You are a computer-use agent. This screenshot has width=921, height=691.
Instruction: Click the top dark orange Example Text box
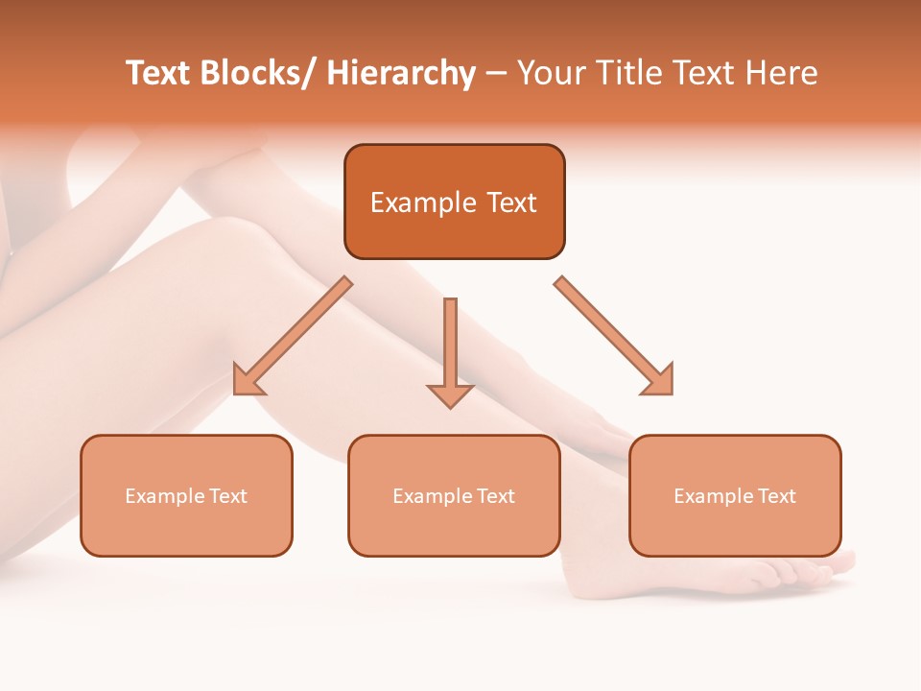point(454,202)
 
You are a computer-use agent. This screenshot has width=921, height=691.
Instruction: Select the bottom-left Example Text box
point(186,495)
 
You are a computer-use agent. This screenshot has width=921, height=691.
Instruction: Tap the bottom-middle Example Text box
point(454,495)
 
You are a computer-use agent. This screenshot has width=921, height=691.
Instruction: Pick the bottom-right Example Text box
point(735,495)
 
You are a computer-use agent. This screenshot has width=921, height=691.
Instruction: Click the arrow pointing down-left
point(294,336)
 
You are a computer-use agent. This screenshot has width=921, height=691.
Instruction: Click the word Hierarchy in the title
point(401,73)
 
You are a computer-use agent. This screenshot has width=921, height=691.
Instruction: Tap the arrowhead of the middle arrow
point(450,394)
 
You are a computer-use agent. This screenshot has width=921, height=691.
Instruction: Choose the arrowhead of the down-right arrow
point(659,381)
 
